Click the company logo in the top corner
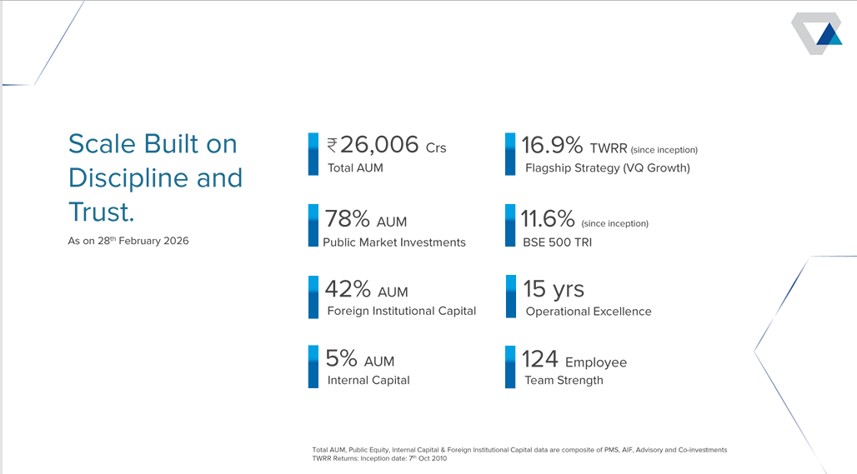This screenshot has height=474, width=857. coord(816,33)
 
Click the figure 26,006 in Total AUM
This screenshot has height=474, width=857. coord(379,145)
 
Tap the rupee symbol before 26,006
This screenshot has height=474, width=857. coord(332,146)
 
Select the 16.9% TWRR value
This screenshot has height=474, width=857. coord(552,145)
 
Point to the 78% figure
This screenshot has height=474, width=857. coord(348,219)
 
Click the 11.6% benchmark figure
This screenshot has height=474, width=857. coord(548,219)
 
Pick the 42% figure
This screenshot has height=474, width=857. coord(348,289)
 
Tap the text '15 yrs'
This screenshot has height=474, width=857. coord(554,289)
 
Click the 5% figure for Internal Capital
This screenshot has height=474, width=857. coord(341,358)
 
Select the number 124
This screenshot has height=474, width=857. coord(540,359)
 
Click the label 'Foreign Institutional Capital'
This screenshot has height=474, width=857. coord(402,312)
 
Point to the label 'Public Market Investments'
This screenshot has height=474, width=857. coord(394,242)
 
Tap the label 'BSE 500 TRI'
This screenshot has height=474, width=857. coord(558,242)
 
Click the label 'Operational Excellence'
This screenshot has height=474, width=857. coord(589,312)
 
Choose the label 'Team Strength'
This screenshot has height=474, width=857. coord(564,381)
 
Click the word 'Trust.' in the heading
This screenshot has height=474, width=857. coord(101,212)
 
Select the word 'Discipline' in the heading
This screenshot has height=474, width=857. coord(128,178)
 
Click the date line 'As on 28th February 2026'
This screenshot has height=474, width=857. coord(128,240)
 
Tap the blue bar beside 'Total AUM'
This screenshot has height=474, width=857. coord(313,154)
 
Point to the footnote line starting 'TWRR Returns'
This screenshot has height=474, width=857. coord(379,458)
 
